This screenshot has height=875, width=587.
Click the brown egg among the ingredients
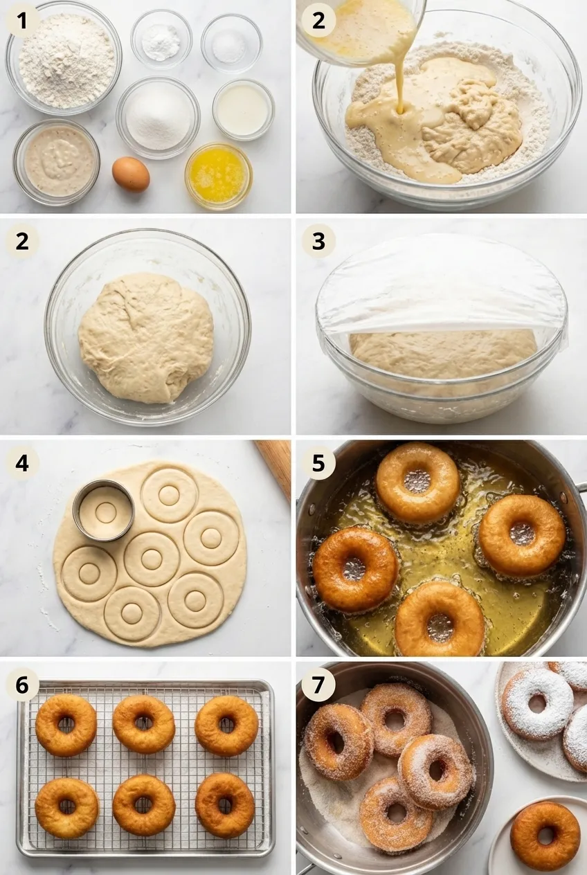tap(131, 174)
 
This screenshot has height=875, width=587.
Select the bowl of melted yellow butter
tap(218, 175)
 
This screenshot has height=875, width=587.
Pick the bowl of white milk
tap(243, 109)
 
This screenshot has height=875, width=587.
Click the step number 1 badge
tap(22, 21)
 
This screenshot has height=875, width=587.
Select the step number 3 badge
tap(318, 241)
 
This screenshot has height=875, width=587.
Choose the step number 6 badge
tap(22, 685)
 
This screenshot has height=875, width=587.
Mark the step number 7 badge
tap(318, 685)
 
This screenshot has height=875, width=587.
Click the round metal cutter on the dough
tap(104, 511)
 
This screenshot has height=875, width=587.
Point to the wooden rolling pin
tap(275, 464)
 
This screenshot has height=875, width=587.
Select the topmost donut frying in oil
tap(417, 482)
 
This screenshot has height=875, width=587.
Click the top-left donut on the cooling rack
tap(66, 725)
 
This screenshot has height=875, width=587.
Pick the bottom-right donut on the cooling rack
tap(225, 805)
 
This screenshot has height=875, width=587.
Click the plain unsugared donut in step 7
tap(545, 836)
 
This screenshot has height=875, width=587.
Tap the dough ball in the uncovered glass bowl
tap(145, 337)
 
